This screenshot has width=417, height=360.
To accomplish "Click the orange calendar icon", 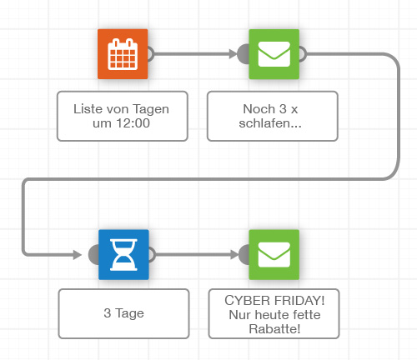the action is (123, 54).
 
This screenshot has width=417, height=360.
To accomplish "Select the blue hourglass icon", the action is (123, 255).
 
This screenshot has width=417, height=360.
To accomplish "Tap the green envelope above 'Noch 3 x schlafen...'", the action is (274, 54).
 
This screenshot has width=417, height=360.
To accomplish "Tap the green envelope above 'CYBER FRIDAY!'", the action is (274, 255).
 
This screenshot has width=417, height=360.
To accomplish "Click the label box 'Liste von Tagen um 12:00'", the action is (123, 116).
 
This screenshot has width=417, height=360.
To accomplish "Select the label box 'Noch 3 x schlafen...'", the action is (273, 116).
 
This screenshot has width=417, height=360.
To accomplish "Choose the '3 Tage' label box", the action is (123, 313).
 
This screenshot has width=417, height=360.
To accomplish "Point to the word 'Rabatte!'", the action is (274, 329).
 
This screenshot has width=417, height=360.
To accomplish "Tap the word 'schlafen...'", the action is (270, 123).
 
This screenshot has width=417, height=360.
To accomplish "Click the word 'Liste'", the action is (86, 109).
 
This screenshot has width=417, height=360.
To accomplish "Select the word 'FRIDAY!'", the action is (299, 301).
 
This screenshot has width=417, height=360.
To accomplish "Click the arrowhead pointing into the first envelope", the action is (233, 54).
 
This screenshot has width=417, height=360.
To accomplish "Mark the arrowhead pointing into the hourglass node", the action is (77, 254).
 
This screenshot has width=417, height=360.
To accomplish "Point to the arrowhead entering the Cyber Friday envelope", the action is (234, 254).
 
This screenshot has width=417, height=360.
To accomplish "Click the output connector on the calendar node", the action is (151, 54).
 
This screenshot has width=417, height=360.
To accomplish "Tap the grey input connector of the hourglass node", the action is (93, 254).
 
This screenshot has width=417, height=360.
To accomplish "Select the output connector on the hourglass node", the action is (152, 255).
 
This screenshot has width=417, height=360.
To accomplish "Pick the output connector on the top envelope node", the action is (303, 54).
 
